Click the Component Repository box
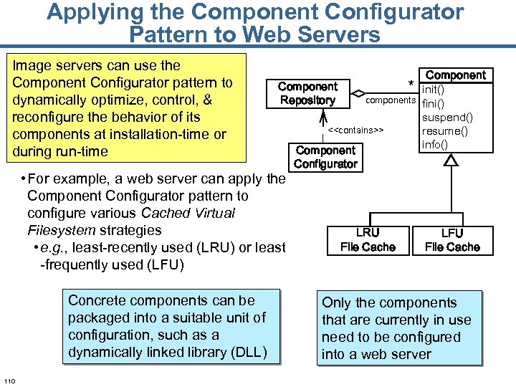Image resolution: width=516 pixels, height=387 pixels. pyautogui.click(x=307, y=93)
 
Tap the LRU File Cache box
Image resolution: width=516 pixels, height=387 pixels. pyautogui.click(x=368, y=240)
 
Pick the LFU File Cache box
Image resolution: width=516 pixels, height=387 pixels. pyautogui.click(x=452, y=240)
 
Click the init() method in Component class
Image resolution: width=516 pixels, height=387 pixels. pyautogui.click(x=434, y=90)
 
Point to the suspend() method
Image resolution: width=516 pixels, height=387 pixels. pyautogui.click(x=447, y=118)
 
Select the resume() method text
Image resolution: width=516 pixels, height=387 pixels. pyautogui.click(x=444, y=131)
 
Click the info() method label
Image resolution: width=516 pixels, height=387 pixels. pyautogui.click(x=435, y=145)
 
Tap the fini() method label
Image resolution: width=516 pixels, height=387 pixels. pyautogui.click(x=434, y=103)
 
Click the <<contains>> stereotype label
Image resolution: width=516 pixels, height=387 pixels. pyautogui.click(x=356, y=131)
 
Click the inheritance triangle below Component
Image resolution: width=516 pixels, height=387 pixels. pyautogui.click(x=451, y=161)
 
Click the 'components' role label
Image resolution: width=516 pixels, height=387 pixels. pyautogui.click(x=391, y=100)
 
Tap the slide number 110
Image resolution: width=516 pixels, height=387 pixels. pyautogui.click(x=10, y=380)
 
